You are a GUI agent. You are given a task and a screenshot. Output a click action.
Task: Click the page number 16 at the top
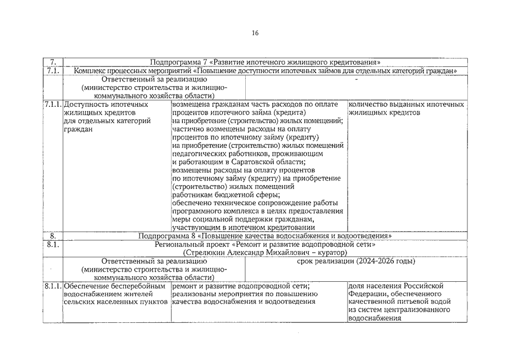255,33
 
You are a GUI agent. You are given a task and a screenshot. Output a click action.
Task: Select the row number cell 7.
52,62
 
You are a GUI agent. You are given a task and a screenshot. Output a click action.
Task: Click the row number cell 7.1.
52,71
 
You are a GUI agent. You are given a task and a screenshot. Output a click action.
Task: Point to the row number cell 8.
52,236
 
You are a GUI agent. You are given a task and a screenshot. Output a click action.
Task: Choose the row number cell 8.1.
52,245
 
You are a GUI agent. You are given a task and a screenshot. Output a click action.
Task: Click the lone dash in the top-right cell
356,80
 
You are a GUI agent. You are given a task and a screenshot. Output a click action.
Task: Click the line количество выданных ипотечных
406,105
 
